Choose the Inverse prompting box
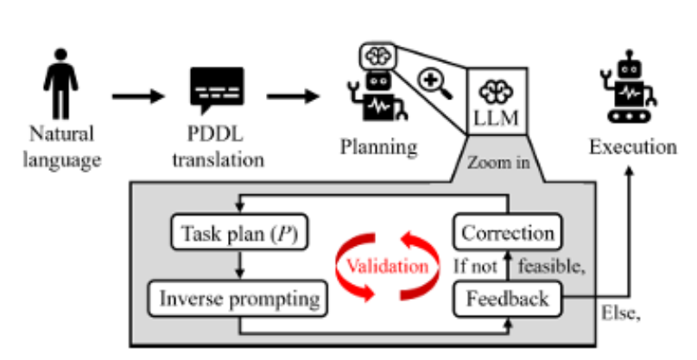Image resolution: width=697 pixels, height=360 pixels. click(239, 300)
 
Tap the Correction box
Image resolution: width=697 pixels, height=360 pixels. click(507, 234)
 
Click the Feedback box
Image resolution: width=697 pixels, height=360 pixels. click(507, 300)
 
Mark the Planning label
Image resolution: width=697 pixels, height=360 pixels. click(378, 147)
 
